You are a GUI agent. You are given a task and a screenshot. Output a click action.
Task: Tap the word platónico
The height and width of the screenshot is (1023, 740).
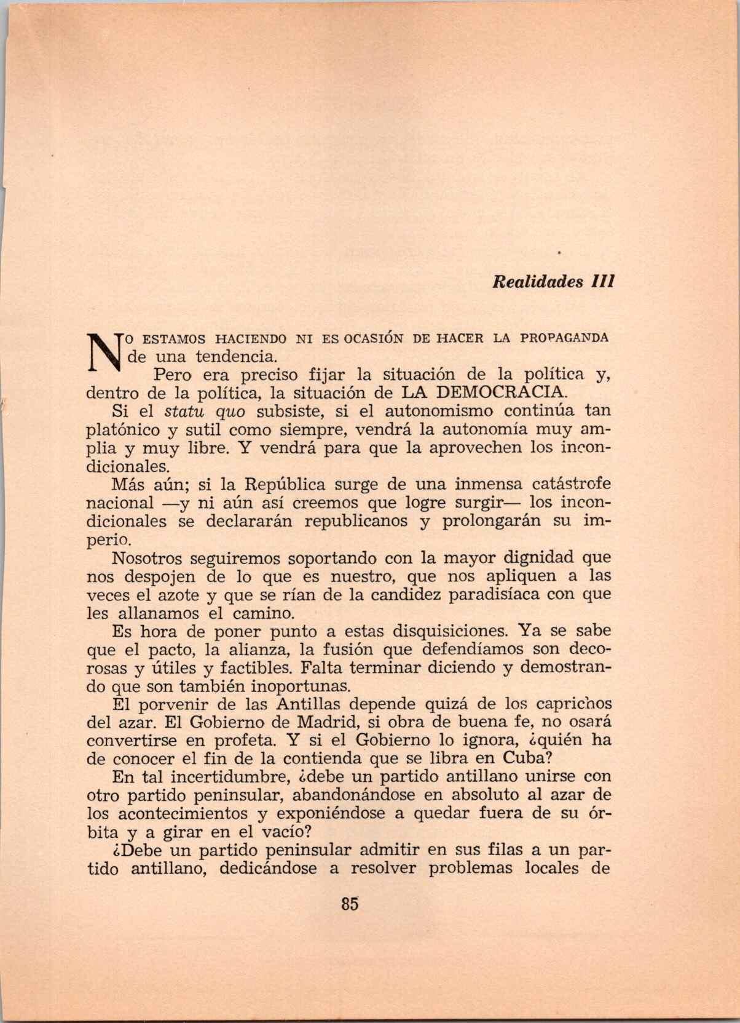[x=125, y=429]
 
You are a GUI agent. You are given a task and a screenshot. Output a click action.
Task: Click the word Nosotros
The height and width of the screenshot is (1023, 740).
[x=148, y=559]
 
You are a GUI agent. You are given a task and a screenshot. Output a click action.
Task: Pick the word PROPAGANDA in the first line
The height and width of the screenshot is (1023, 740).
[x=564, y=338]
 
